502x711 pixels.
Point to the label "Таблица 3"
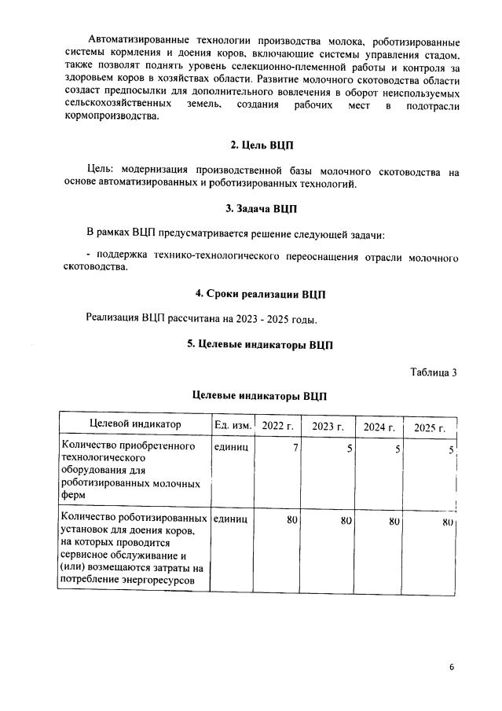(433, 372)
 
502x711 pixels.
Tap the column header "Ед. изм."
(233, 425)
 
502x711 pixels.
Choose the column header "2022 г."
(277, 426)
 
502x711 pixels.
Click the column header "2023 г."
(328, 427)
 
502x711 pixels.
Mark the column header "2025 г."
(430, 428)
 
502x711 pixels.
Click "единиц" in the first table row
(231, 446)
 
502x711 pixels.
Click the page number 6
(452, 667)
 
